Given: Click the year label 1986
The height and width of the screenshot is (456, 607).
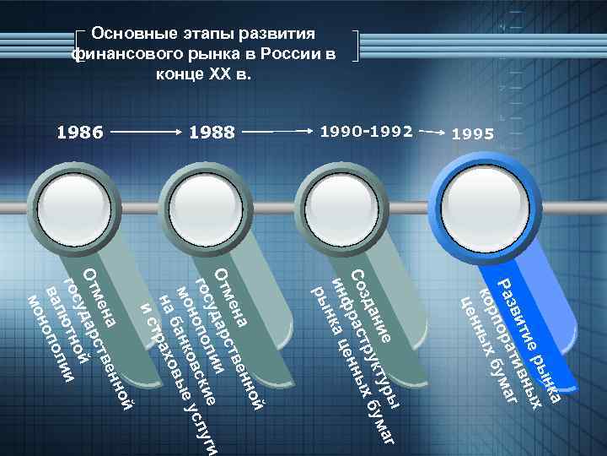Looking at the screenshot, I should click(79, 133).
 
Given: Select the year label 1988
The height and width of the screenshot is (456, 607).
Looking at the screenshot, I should click(212, 133).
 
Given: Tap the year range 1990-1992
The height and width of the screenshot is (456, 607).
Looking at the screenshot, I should click(367, 132).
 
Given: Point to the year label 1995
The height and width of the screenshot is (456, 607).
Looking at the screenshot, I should click(475, 133).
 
